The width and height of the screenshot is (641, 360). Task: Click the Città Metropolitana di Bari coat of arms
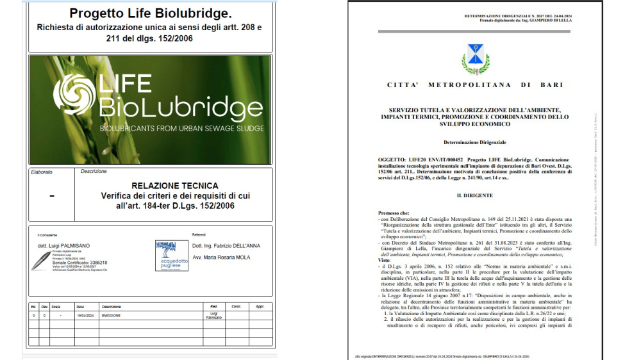[475, 59]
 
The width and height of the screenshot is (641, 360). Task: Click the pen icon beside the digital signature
[41, 260]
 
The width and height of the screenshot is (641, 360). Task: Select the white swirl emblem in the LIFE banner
[72, 94]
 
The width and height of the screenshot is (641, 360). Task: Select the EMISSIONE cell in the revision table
[111, 316]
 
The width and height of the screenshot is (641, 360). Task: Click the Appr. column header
[260, 307]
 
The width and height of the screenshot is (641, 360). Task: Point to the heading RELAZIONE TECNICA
[165, 186]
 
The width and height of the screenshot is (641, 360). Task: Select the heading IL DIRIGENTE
[475, 194]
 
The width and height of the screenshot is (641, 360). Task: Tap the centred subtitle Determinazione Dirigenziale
[475, 141]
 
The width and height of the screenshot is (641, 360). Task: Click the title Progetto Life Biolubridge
[151, 13]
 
